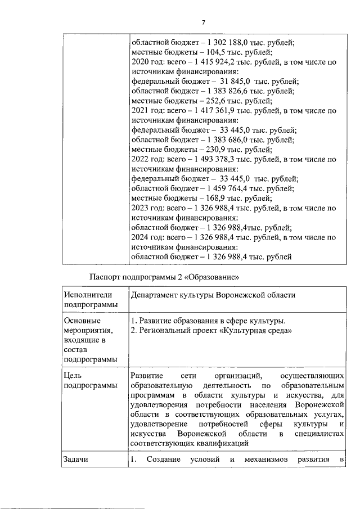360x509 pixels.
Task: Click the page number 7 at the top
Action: (204, 22)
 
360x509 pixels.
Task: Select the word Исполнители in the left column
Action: (88, 295)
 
